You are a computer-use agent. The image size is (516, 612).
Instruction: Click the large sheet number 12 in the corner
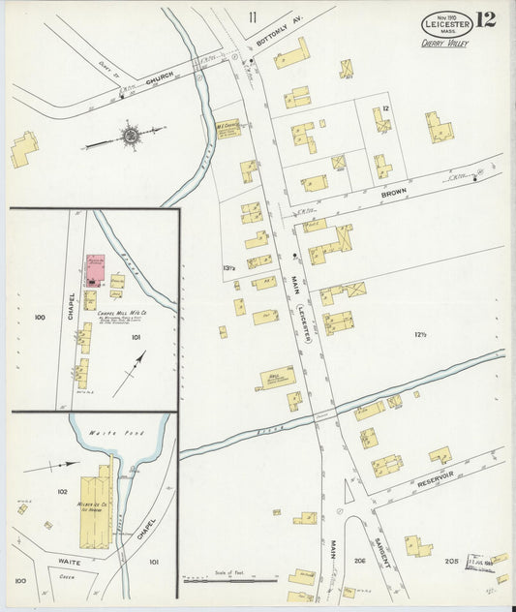click(x=485, y=19)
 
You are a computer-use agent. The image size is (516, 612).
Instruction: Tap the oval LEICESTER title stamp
click(x=446, y=23)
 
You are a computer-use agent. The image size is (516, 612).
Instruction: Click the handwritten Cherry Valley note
click(x=444, y=43)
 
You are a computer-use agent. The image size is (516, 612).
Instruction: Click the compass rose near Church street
click(x=128, y=136)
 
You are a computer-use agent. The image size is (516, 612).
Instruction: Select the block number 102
click(x=62, y=492)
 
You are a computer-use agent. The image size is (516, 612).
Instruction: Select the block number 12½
click(x=420, y=335)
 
